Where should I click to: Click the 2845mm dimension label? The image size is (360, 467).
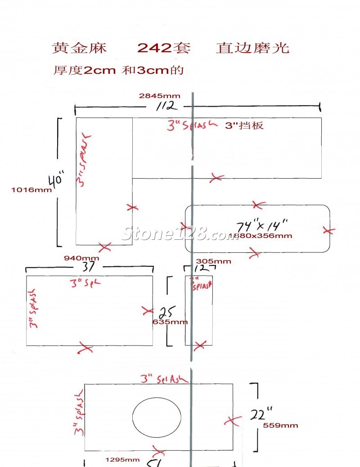point(159,96)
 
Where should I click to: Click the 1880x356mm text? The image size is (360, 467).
point(260,236)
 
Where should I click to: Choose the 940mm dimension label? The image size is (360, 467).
point(81,258)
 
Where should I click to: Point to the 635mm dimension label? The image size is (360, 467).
point(170,322)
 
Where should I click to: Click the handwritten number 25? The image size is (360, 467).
point(167,312)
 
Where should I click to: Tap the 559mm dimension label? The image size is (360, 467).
point(280,425)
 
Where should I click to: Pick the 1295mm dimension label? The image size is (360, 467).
point(122,459)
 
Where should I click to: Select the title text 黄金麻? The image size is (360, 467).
point(79,48)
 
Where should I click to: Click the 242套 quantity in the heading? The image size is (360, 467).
point(164,48)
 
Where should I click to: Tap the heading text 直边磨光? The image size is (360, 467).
point(252,48)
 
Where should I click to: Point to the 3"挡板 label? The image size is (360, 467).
point(244,126)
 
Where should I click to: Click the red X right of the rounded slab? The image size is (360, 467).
point(329,231)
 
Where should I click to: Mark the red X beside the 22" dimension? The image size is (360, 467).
point(231,421)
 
